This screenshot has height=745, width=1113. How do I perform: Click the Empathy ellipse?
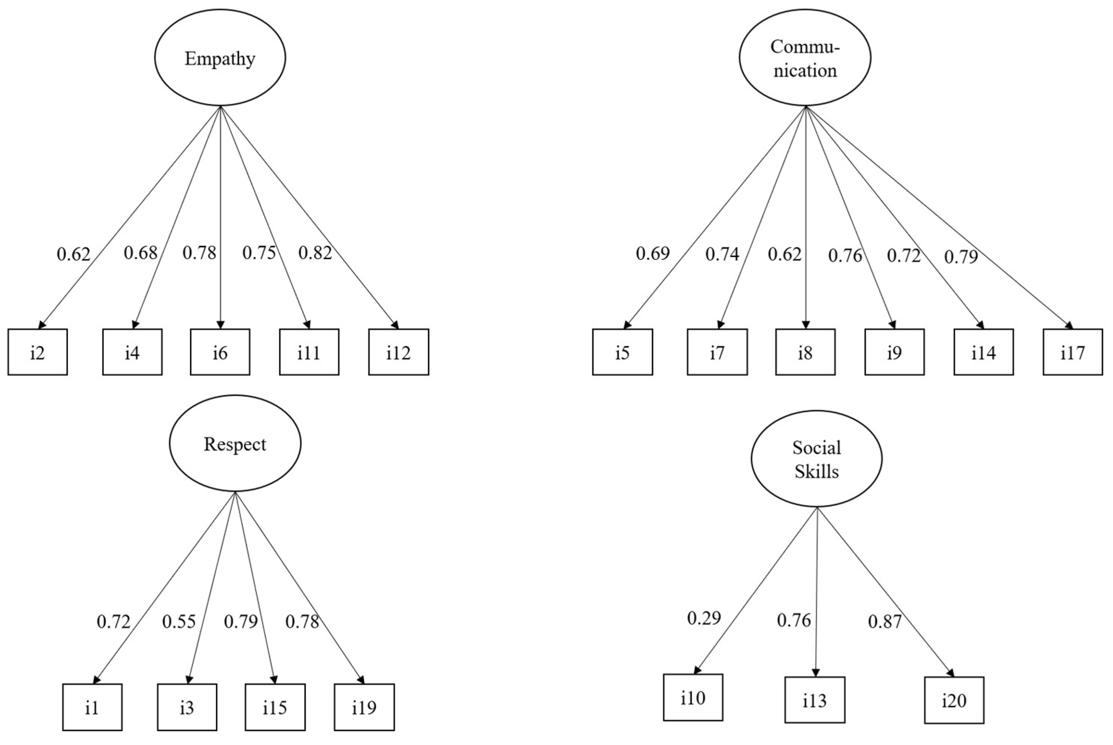point(220,58)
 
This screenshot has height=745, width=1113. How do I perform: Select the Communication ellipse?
point(804,58)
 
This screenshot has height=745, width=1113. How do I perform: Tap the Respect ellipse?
point(235,444)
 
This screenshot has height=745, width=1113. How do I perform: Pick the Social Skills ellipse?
point(816,459)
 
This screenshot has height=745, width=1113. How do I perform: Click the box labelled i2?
point(38,352)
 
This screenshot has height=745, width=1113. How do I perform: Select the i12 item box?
point(399,352)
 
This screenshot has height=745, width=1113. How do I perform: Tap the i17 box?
point(1072,352)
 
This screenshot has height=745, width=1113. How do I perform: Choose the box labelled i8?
point(805,352)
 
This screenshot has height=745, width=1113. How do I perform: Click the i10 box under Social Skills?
point(693,697)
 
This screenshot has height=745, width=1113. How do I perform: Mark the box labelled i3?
point(187,707)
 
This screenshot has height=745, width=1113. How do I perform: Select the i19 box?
point(364,707)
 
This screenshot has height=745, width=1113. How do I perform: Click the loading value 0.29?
point(704,618)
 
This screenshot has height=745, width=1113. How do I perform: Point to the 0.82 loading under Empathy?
point(315,253)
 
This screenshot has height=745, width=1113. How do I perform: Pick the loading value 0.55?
point(179,621)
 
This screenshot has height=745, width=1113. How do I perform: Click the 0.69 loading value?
point(653,254)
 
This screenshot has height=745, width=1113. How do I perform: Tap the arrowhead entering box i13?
point(815,673)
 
